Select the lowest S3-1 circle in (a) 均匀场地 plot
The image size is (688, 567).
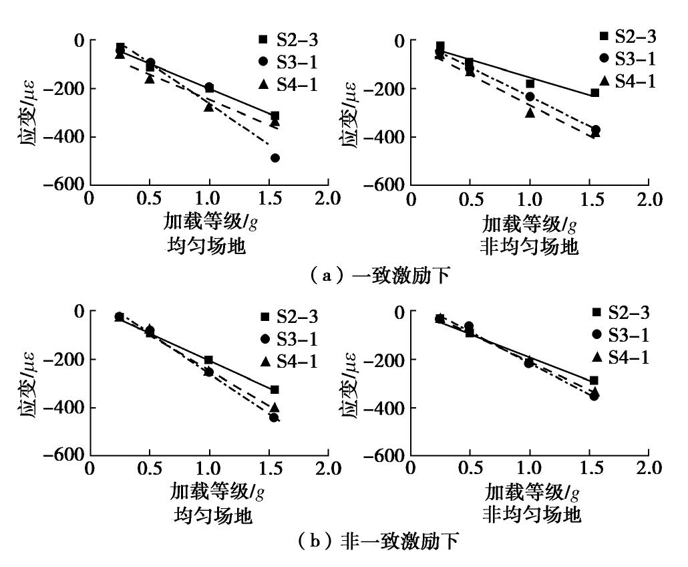[275, 158]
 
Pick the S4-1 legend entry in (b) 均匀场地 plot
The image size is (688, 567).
[287, 361]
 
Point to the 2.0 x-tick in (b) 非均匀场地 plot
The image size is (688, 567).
[648, 467]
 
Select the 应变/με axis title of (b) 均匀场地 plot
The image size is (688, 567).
[27, 383]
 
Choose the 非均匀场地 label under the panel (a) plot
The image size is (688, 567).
[529, 247]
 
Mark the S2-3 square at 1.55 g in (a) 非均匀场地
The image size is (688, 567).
[594, 92]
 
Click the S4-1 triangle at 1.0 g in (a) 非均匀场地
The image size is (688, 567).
[530, 112]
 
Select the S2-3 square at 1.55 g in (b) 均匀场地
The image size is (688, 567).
[275, 389]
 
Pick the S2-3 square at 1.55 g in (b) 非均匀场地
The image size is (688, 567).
[594, 380]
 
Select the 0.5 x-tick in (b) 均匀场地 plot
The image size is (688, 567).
[150, 467]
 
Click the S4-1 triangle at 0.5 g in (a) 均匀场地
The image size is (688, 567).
[150, 78]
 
